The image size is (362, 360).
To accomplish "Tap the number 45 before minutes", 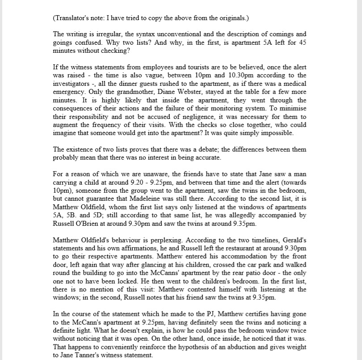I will pyautogui.click(x=301, y=42).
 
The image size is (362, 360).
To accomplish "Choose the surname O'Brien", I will pyautogui.click(x=92, y=223).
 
